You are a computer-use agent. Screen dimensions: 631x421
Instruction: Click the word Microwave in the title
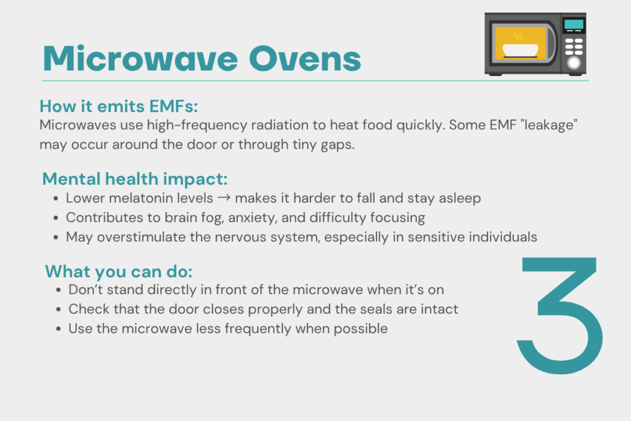pos(140,59)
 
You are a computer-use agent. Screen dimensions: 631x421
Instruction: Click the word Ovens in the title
pos(305,59)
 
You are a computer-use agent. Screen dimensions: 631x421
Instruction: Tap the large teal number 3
pos(560,316)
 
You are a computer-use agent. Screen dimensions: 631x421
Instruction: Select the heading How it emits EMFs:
pos(119,106)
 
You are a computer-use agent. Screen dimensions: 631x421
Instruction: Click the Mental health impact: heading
pos(135,179)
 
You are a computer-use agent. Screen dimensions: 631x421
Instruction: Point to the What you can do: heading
pos(119,271)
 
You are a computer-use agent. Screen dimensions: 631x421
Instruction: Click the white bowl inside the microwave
pos(520,51)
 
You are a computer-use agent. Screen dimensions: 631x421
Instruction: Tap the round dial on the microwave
pos(574,63)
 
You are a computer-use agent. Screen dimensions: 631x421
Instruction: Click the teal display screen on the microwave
pos(574,24)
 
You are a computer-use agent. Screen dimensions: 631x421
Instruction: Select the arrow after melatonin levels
pos(224,198)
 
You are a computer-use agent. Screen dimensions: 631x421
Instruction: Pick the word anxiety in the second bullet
pos(252,218)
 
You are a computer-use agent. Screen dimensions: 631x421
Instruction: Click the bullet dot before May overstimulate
pos(55,237)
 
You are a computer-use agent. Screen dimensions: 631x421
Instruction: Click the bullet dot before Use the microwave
pos(59,329)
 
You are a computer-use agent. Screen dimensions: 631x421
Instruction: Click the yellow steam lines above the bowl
pos(519,37)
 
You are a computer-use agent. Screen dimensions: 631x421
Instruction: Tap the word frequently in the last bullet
pos(258,329)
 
